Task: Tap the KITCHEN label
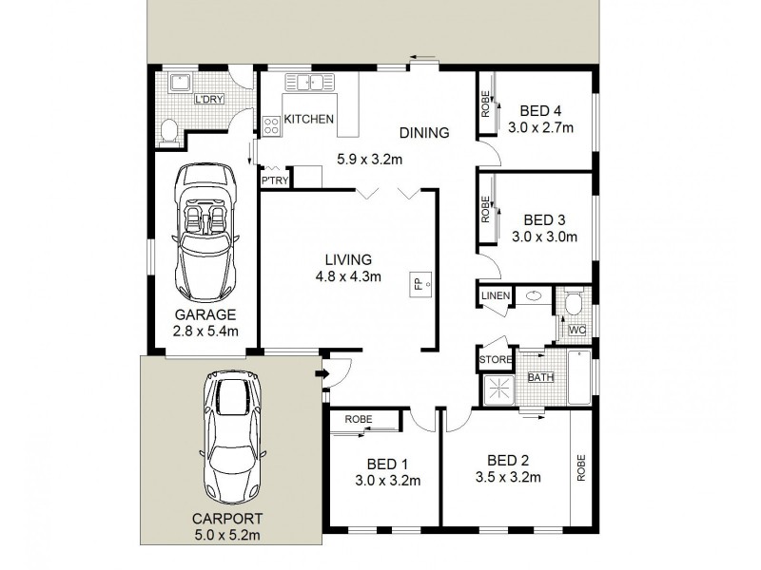[309, 119]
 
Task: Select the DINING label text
[423, 133]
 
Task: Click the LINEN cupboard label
[496, 296]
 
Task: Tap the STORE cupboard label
[495, 360]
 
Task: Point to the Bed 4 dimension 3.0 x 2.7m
[540, 128]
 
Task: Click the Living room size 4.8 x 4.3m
[348, 277]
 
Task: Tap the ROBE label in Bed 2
[580, 468]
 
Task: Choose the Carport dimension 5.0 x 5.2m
[227, 537]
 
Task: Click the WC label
[576, 331]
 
